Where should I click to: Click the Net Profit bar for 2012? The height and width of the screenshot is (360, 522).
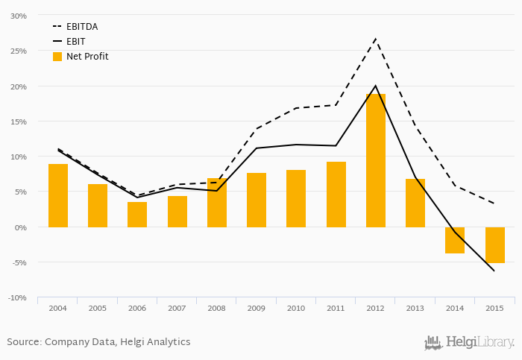tap(376, 160)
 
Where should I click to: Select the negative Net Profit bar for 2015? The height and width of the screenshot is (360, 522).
tap(495, 245)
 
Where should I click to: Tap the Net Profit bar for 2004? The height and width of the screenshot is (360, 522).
tap(58, 195)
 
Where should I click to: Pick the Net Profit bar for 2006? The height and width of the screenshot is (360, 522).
tap(137, 215)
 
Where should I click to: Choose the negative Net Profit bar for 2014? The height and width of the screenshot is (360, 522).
tap(455, 240)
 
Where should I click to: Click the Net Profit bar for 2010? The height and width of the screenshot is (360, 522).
tap(296, 198)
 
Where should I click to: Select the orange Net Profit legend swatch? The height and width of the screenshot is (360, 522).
tap(57, 57)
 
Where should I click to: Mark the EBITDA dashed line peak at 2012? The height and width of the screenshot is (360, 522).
tap(376, 38)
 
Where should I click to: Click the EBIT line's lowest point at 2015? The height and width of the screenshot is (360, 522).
tap(494, 271)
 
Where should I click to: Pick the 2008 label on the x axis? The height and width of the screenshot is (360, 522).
tap(216, 308)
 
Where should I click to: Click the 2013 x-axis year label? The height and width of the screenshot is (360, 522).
tap(415, 308)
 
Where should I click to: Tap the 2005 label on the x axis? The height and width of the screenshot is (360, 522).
tap(97, 308)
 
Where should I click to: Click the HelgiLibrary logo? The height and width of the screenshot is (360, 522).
tap(470, 343)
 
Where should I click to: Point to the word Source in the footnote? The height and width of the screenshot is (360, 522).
tap(24, 342)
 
